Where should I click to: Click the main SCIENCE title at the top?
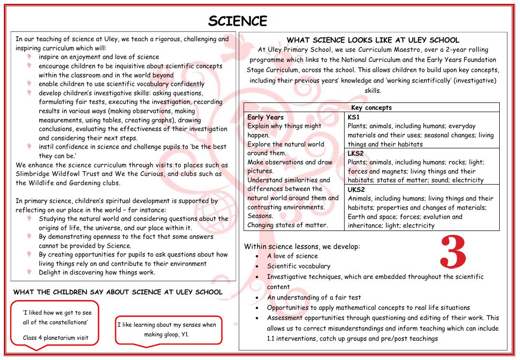point(238,21)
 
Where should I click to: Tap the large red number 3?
point(453,252)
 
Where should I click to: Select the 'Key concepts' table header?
point(371,108)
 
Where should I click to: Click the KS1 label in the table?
point(353,117)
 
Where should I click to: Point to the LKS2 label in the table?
point(356,153)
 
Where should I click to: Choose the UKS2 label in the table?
point(356,189)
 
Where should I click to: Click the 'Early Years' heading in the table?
point(265,117)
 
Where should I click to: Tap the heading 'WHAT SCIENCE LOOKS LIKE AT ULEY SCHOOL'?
point(373,40)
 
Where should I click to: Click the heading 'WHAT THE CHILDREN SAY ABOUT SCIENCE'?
point(118,292)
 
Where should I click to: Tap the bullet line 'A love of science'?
point(292,256)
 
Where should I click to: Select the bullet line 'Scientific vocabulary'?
point(299,266)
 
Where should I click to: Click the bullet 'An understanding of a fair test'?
point(314,298)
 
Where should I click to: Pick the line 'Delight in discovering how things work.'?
point(97,273)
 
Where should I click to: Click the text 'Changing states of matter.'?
point(287,225)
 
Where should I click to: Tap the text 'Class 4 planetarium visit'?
point(56,338)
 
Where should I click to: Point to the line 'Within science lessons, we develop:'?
point(302,246)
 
